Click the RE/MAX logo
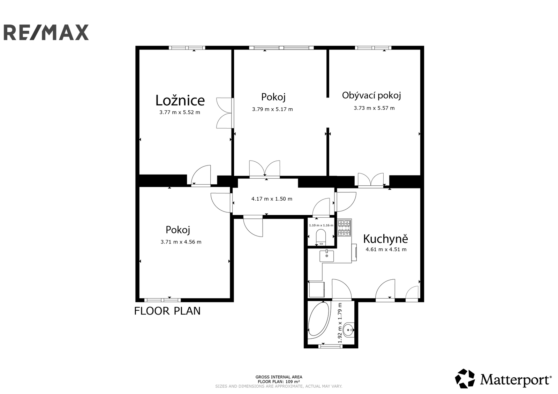pos(46,32)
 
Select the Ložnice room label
pos(180,100)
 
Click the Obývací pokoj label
pos(371,95)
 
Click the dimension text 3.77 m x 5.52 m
pos(180,112)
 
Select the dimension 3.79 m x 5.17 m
pos(272,109)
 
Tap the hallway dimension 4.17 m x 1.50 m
pos(272,199)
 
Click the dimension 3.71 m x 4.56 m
pos(181,242)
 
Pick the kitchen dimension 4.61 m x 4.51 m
pos(386,249)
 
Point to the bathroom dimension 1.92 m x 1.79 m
pos(340,323)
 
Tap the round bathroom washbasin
pos(348,330)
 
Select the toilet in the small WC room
pos(321,237)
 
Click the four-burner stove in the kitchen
pos(344,228)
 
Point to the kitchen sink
pos(326,256)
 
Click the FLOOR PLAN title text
pos(167,311)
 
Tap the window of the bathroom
pos(331,346)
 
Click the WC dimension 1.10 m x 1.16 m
pos(321,225)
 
